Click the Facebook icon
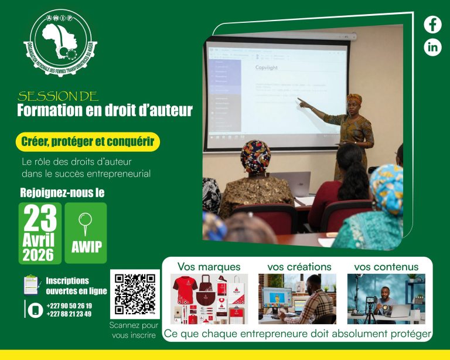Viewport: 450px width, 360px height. [x=432, y=25]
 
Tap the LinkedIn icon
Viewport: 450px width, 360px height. [x=432, y=47]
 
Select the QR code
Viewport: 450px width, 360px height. [x=134, y=294]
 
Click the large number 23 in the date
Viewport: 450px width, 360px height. [x=40, y=218]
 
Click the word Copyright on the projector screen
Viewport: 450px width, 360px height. [x=267, y=68]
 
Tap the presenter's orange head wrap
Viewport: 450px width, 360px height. [x=354, y=98]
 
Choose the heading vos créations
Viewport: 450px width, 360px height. [x=299, y=267]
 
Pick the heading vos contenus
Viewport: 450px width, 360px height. [x=386, y=267]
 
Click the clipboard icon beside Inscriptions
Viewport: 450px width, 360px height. [x=31, y=284]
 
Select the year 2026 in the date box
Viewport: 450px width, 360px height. [x=38, y=254]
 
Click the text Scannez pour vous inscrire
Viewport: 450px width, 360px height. [x=134, y=330]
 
